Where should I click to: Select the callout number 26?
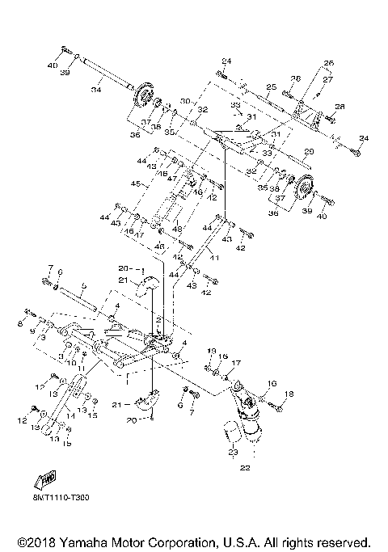[329, 63]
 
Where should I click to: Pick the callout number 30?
[185, 101]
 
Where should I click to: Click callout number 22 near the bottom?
[245, 467]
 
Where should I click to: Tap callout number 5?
[82, 285]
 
